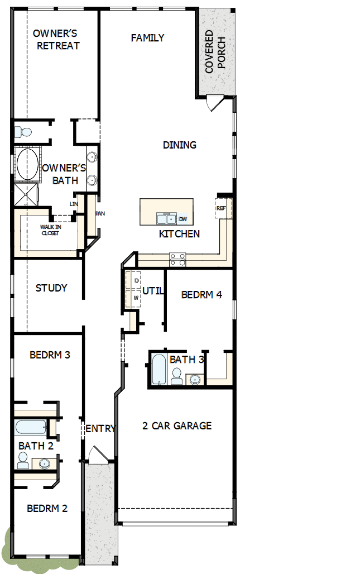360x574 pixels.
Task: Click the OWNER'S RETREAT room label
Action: click(58, 40)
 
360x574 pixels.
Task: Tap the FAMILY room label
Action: click(147, 38)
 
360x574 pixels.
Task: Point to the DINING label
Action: click(179, 145)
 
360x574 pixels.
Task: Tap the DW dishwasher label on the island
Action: click(183, 219)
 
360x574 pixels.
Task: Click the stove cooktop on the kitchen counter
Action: click(177, 259)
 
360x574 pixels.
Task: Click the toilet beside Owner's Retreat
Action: click(24, 132)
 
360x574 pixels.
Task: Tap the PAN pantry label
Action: click(100, 213)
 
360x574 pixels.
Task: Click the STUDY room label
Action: click(51, 288)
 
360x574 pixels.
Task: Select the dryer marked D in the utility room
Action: click(136, 280)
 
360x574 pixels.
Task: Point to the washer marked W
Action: click(136, 298)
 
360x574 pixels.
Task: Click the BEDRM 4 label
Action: click(201, 294)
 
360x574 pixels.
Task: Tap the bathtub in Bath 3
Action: click(158, 369)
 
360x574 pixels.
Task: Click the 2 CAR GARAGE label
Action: click(177, 426)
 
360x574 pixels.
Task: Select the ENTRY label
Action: click(100, 429)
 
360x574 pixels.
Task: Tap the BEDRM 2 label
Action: click(47, 509)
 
